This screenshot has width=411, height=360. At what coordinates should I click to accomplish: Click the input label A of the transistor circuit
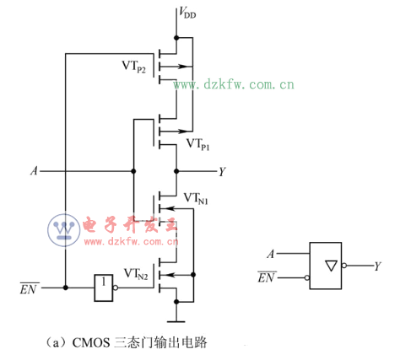(x=34, y=171)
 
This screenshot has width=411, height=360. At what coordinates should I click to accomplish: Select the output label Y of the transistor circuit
(x=222, y=171)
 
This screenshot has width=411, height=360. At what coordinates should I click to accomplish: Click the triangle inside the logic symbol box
(x=330, y=266)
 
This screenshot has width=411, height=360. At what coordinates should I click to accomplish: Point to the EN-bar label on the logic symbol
(x=267, y=277)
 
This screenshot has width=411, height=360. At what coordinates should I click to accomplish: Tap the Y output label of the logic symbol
(x=377, y=266)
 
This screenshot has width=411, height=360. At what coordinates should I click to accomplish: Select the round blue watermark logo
(x=62, y=229)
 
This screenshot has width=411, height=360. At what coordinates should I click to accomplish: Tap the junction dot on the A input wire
(x=132, y=171)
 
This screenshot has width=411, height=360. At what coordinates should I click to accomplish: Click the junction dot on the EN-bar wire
(x=65, y=287)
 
